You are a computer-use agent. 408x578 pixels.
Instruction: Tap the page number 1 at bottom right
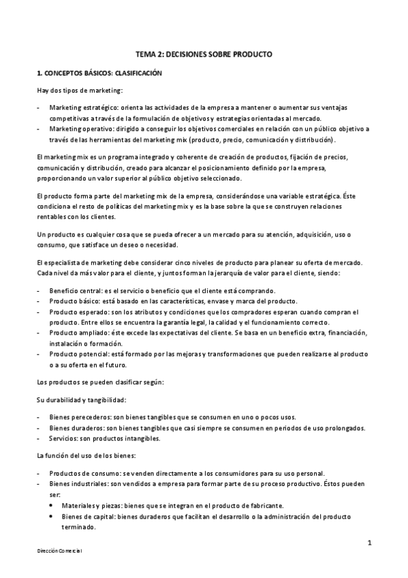368,543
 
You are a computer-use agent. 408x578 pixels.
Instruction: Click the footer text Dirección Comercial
60,550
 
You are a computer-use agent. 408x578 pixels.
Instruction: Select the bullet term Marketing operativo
76,128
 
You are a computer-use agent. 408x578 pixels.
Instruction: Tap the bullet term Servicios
63,438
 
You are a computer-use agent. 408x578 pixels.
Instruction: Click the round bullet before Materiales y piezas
53,506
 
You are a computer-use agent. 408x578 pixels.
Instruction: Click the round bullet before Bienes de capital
53,517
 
